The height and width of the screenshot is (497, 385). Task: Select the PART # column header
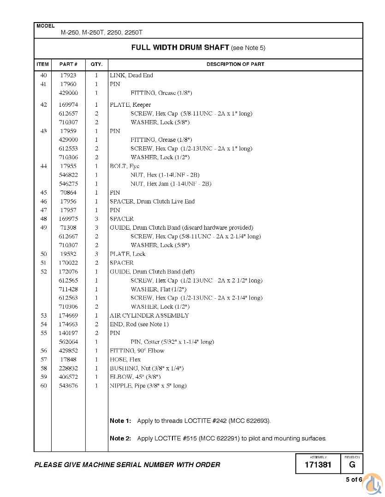pyautogui.click(x=68, y=64)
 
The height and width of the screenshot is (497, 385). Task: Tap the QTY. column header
pyautogui.click(x=96, y=64)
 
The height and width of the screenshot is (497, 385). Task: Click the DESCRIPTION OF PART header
pyautogui.click(x=235, y=64)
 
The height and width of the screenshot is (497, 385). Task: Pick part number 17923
pyautogui.click(x=68, y=75)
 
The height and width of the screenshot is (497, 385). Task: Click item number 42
pyautogui.click(x=44, y=104)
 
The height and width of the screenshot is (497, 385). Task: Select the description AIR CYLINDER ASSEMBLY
pyautogui.click(x=149, y=316)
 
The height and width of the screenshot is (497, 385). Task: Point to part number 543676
pyautogui.click(x=68, y=386)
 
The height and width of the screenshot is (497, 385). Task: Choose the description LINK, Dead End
pyautogui.click(x=131, y=75)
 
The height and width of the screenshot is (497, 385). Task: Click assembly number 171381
pyautogui.click(x=318, y=465)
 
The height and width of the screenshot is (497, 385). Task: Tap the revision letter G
pyautogui.click(x=352, y=465)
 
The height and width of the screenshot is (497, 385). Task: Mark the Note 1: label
pyautogui.click(x=120, y=421)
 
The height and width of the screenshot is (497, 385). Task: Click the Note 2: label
pyautogui.click(x=120, y=438)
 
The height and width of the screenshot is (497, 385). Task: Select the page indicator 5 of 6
pyautogui.click(x=354, y=480)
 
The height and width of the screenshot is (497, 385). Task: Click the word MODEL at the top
pyautogui.click(x=45, y=26)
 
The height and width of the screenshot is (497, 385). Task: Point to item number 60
pyautogui.click(x=44, y=386)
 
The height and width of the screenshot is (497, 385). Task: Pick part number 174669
pyautogui.click(x=68, y=316)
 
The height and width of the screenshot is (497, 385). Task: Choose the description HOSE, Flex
pyautogui.click(x=125, y=359)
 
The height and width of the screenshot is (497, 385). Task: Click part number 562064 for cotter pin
pyautogui.click(x=68, y=342)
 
